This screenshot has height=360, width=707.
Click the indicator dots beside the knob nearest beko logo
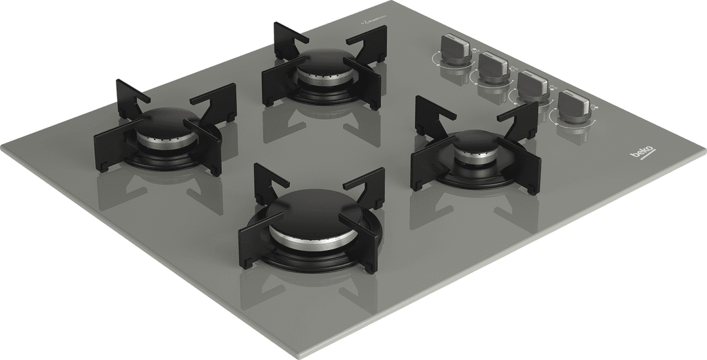592,107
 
